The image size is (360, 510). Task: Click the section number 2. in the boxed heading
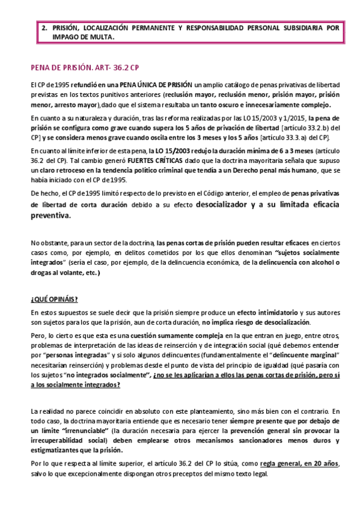tap(44, 28)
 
